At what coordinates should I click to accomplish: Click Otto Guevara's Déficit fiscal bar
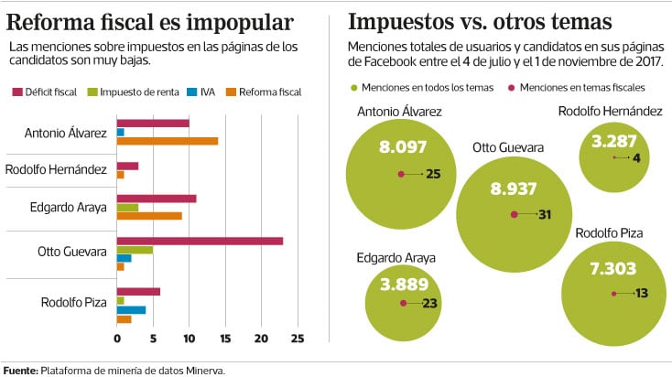[x=200, y=241]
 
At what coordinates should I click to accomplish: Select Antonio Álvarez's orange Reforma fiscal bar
[x=167, y=141]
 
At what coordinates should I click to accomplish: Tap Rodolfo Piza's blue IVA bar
[x=131, y=309]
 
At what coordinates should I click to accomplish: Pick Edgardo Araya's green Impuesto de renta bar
[x=127, y=208]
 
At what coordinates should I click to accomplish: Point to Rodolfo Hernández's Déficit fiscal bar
[x=127, y=166]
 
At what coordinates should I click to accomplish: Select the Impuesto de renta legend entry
[x=140, y=92]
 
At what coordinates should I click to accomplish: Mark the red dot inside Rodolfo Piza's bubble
[x=613, y=293]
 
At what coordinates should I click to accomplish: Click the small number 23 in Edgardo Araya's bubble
[x=429, y=304]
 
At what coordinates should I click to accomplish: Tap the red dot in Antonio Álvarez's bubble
[x=400, y=174]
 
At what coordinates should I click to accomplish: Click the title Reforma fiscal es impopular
[x=151, y=21]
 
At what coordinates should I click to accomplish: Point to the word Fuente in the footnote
[x=19, y=370]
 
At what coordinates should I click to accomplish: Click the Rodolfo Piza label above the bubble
[x=610, y=233]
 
